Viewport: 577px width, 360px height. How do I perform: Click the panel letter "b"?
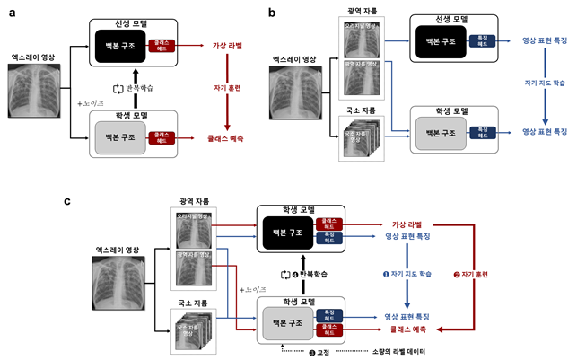tap(274, 11)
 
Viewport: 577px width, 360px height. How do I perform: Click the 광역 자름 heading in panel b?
tap(363, 11)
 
